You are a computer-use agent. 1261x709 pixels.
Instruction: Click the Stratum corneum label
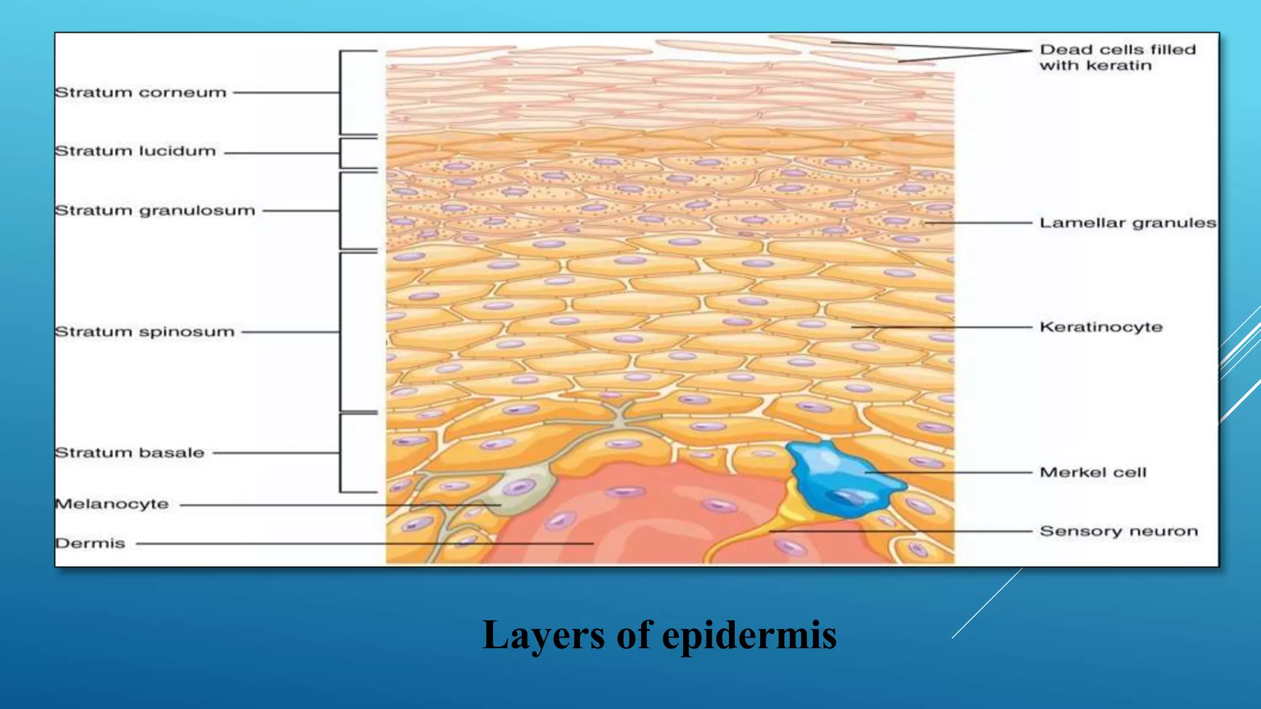click(x=140, y=93)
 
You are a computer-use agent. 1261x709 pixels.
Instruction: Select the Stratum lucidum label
click(x=135, y=151)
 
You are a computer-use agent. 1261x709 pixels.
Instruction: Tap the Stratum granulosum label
click(x=155, y=210)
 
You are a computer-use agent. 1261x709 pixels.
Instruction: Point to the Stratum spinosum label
click(x=145, y=332)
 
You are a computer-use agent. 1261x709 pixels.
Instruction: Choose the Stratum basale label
click(x=129, y=453)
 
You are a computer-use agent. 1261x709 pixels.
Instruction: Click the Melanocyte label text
click(x=111, y=504)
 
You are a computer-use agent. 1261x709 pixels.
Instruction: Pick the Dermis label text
click(x=90, y=543)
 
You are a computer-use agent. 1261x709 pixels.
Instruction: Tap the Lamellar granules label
click(x=1127, y=223)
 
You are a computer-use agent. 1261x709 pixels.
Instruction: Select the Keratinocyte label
click(x=1101, y=327)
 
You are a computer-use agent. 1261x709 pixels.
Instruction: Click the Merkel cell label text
click(x=1093, y=473)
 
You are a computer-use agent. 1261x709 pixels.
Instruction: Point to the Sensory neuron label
click(x=1119, y=531)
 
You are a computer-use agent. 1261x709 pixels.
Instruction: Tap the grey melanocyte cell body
click(x=523, y=486)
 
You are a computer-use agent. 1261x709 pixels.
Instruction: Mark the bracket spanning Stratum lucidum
click(x=340, y=153)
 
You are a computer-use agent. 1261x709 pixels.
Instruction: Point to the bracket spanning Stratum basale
click(x=340, y=453)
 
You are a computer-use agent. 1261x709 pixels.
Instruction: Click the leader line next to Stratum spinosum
click(x=289, y=332)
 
